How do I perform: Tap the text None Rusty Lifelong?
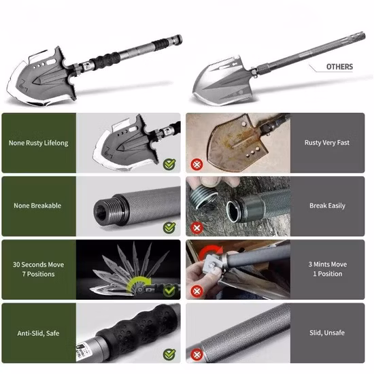pos(38,143)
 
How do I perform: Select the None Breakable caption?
pos(38,205)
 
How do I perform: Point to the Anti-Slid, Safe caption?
pos(38,333)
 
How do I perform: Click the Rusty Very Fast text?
pos(327,143)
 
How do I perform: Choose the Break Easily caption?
pos(327,205)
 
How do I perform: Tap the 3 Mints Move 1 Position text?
pos(327,269)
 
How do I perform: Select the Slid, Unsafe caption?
pos(327,333)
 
